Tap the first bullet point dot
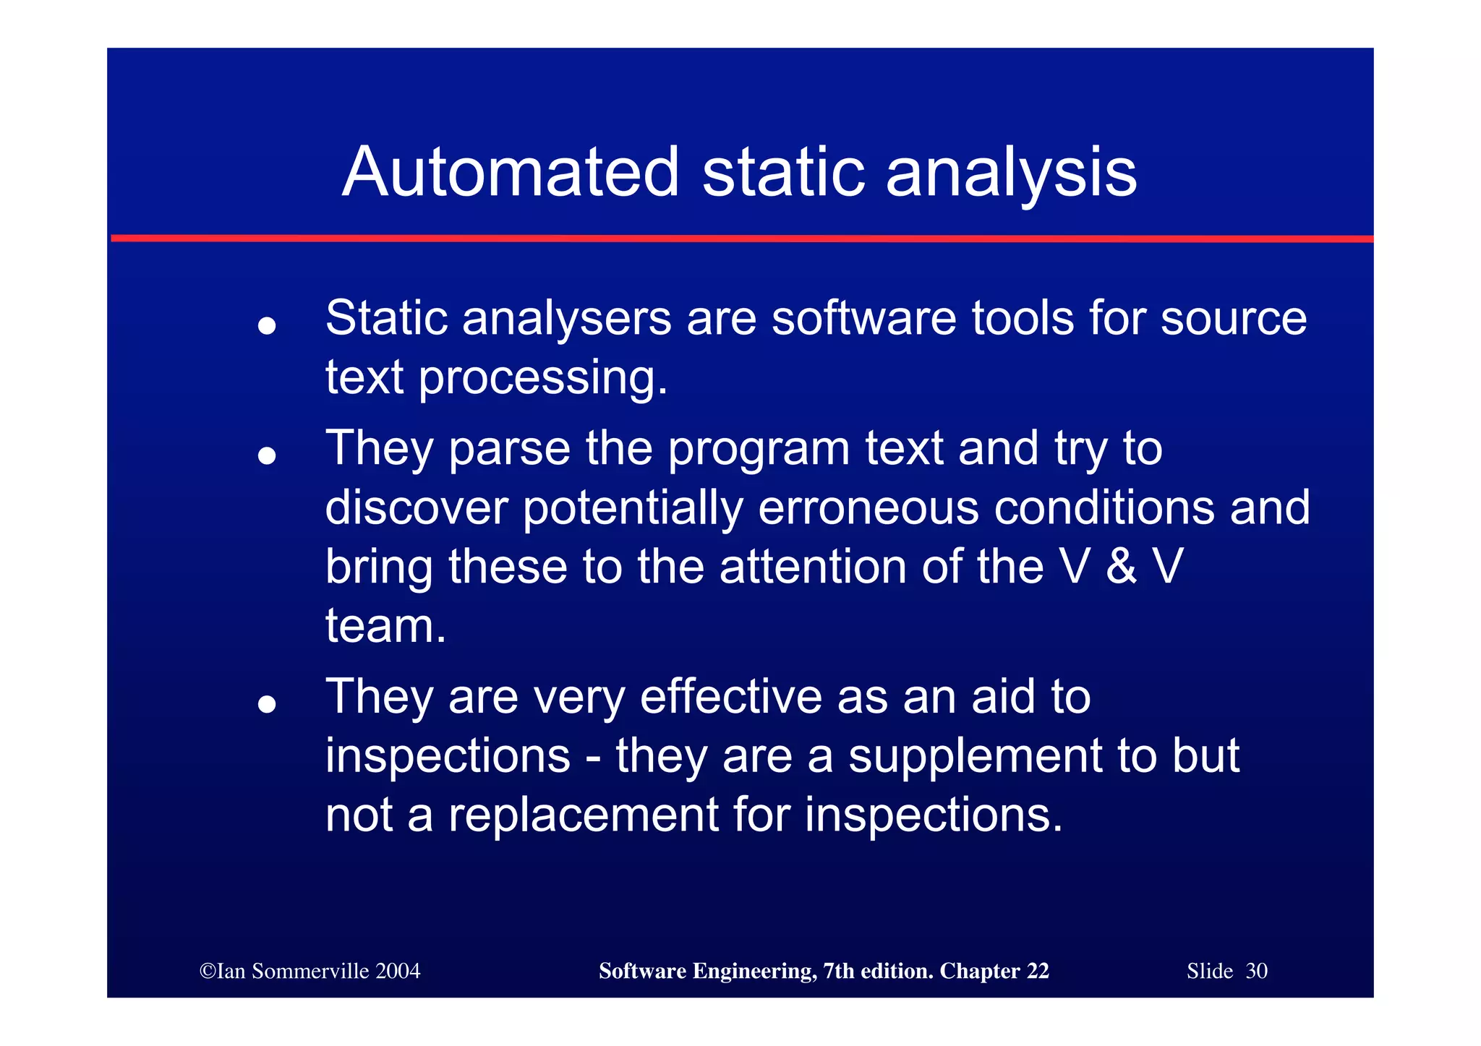tap(267, 325)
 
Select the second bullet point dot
tap(267, 455)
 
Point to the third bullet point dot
tap(267, 703)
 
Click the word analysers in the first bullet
tap(566, 319)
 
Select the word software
tap(863, 319)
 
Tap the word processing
tap(542, 379)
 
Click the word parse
tap(510, 450)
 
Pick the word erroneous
tap(868, 507)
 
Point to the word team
tap(385, 626)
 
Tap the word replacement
tap(583, 815)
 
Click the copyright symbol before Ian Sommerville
tap(208, 971)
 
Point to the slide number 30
tap(1256, 971)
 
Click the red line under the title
tap(740, 238)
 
